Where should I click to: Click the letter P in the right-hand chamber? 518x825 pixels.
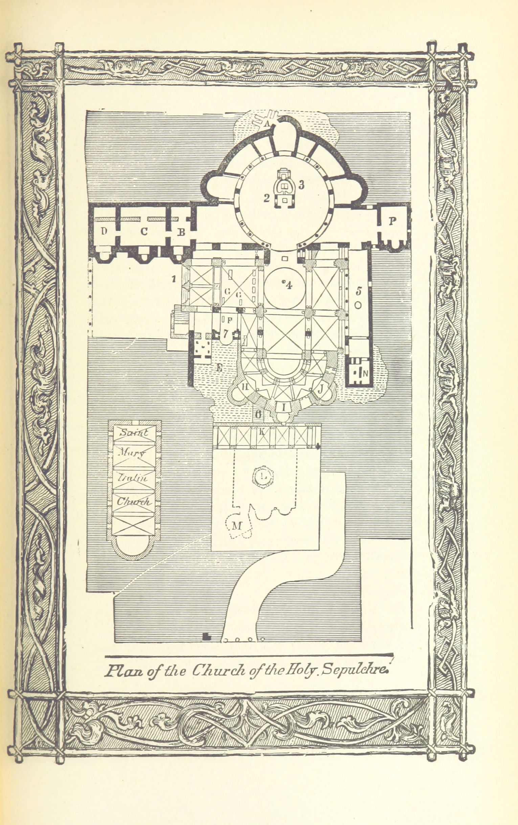point(392,221)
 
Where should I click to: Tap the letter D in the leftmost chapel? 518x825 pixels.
point(104,231)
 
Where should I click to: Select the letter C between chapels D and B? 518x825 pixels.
point(144,232)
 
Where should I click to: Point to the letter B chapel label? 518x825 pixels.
point(181,232)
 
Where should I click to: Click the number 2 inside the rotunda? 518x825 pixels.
point(267,198)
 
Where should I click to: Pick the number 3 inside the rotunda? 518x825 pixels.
point(301,185)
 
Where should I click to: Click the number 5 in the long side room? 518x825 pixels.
point(358,291)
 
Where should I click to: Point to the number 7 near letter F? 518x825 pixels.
point(225,333)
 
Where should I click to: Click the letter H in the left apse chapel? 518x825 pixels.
point(245,387)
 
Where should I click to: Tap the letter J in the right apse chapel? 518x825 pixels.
point(321,389)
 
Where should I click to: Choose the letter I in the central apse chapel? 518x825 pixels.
point(283,408)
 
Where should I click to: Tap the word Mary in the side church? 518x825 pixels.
point(132,453)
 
